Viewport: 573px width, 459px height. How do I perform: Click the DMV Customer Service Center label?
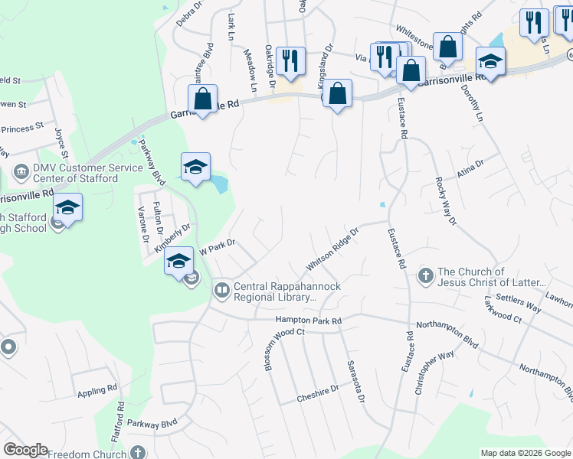[x=75, y=173]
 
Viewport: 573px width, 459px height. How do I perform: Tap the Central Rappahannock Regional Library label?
[x=286, y=292]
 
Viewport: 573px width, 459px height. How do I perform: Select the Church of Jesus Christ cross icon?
[x=425, y=275]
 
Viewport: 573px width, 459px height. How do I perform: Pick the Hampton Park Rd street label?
[x=309, y=321]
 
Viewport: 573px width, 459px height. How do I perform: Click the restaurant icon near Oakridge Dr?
[x=290, y=60]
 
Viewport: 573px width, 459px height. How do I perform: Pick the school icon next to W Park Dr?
[x=178, y=261]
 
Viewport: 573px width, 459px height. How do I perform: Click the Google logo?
[x=25, y=450]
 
